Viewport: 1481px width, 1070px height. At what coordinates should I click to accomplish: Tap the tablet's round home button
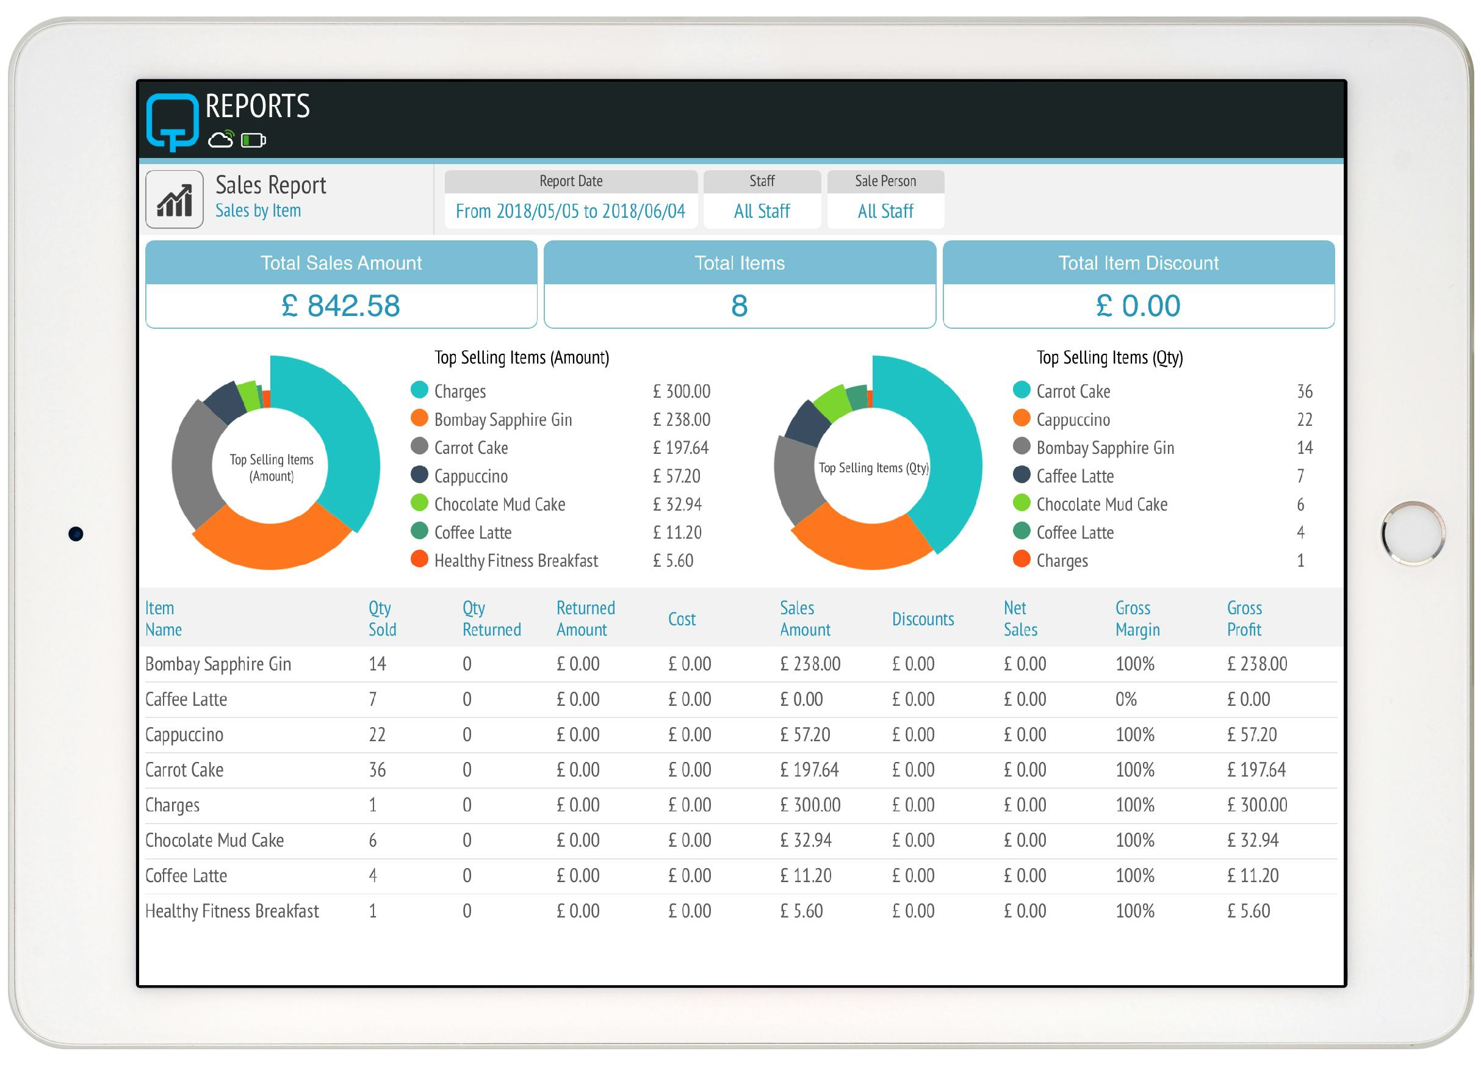1413,533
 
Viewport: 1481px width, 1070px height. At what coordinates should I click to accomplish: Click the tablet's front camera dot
76,534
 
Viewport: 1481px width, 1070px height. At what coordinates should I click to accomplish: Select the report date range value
570,211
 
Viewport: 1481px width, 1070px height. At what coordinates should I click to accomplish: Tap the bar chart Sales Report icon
175,199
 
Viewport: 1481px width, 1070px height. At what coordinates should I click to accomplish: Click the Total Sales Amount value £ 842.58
341,306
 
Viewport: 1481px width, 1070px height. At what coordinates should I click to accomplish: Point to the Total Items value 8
739,306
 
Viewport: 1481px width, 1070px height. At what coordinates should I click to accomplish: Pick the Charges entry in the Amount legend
459,391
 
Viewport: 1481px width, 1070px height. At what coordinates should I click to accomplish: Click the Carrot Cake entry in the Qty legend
1073,391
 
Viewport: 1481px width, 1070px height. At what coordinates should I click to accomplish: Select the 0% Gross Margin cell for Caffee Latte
1126,699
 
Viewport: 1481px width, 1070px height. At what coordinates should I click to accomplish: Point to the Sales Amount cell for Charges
810,805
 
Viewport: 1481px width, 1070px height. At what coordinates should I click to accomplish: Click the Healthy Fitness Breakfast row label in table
232,911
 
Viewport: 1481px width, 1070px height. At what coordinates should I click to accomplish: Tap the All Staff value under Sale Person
885,211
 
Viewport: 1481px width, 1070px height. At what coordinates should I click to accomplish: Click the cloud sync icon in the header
221,139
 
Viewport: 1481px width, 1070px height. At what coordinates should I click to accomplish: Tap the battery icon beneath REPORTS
253,140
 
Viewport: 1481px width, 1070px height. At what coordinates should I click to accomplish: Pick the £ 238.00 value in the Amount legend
681,419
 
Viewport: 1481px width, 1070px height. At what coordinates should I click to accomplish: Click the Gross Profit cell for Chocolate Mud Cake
1252,840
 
